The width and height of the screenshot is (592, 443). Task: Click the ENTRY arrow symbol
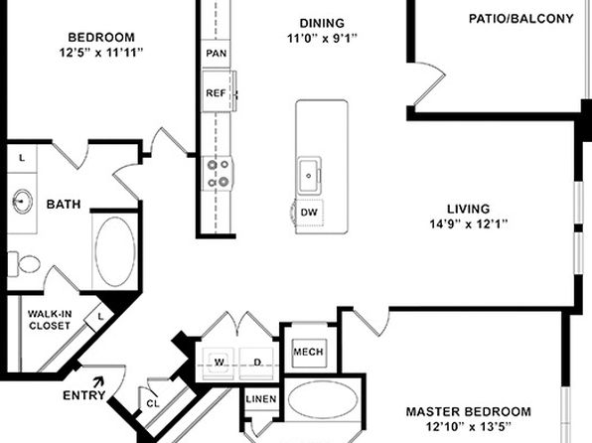point(99,381)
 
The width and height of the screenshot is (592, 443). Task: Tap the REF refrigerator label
point(216,92)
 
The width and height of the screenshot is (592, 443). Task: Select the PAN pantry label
point(217,54)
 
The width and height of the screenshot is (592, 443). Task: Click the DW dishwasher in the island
point(309,213)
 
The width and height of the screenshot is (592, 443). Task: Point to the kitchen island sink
point(309,176)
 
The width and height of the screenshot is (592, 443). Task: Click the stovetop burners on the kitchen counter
point(218,174)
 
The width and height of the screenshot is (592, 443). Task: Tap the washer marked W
point(219,363)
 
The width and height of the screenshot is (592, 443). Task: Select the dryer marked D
point(256,363)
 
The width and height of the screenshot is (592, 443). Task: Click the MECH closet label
point(308,352)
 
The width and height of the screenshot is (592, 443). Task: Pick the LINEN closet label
point(261,399)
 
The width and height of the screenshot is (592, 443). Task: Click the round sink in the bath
point(23,201)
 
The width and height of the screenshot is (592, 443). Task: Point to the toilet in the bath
point(24,263)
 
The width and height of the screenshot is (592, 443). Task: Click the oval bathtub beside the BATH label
point(115,251)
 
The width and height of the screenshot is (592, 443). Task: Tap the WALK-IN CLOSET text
point(50,320)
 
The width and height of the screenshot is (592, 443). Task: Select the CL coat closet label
point(153,403)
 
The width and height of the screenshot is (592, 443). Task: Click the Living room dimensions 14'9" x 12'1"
point(469,224)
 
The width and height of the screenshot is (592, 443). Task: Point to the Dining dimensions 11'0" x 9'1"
point(322,38)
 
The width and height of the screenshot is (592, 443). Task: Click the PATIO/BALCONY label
point(521,19)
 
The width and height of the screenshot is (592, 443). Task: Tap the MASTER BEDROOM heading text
point(469,411)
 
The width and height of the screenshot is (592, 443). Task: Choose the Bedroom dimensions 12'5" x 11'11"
point(101,53)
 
